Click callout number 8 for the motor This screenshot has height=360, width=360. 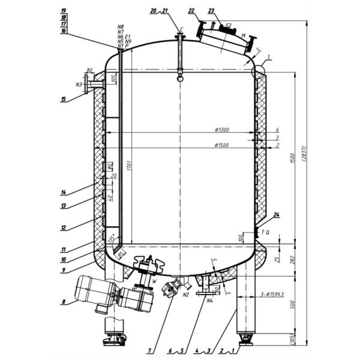click(x=63, y=301)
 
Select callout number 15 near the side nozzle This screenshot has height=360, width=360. click(x=63, y=100)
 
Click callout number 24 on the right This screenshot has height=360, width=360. click(x=277, y=215)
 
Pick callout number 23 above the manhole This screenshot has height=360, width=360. click(x=211, y=10)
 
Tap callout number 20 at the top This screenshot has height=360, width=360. click(x=153, y=11)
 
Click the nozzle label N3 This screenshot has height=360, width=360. click(x=79, y=85)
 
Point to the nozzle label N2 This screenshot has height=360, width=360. click(x=186, y=294)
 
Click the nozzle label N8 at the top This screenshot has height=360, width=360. click(x=121, y=27)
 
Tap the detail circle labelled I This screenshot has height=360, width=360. click(x=258, y=71)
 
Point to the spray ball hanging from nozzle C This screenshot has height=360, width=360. click(x=179, y=76)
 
